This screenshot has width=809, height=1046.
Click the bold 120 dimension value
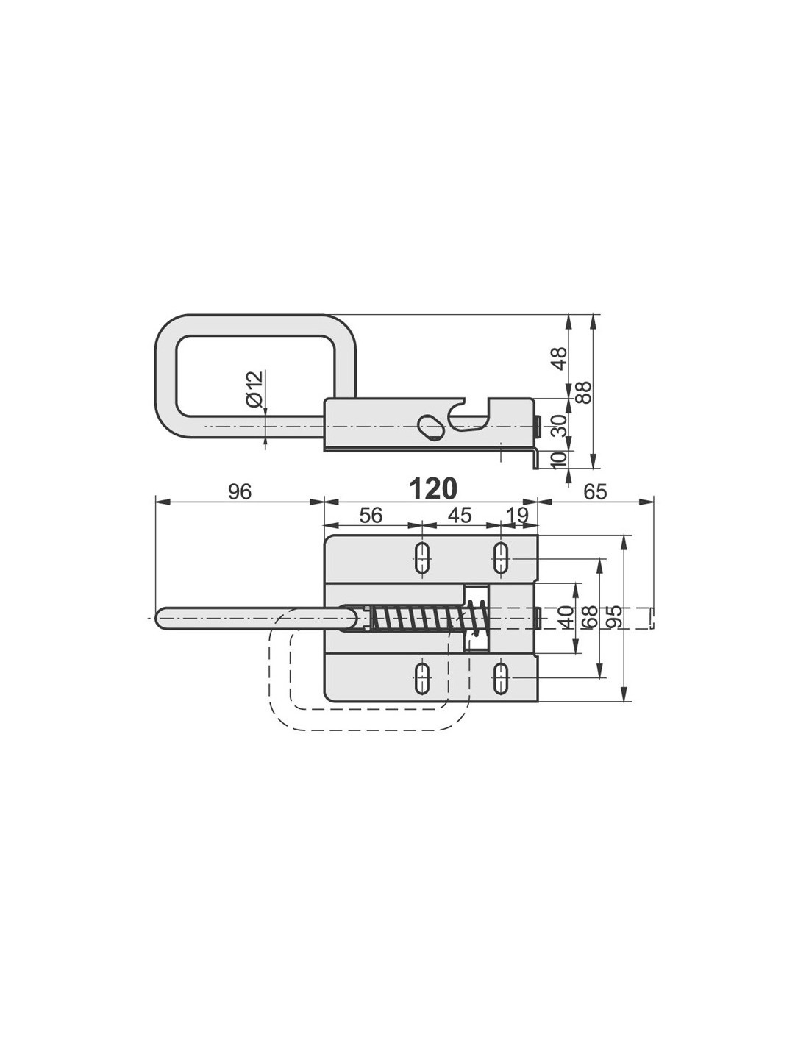click(432, 490)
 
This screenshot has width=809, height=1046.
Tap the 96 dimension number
click(240, 492)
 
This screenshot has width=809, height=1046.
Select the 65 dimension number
click(595, 492)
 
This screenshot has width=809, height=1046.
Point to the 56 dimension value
click(371, 516)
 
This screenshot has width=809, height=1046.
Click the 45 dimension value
click(460, 516)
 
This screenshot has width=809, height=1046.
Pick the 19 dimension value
click(516, 516)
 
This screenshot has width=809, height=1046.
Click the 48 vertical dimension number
click(560, 358)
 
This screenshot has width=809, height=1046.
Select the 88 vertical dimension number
click(583, 393)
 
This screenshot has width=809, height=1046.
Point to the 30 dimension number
click(560, 425)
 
